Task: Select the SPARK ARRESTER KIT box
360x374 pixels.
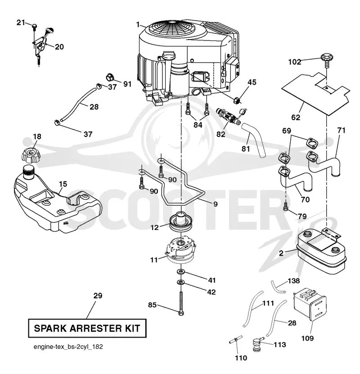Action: click(x=87, y=328)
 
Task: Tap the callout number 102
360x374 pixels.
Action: click(x=295, y=62)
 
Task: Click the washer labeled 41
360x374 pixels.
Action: click(x=181, y=271)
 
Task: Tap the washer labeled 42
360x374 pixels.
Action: click(x=181, y=282)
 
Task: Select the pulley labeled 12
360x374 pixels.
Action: click(x=180, y=222)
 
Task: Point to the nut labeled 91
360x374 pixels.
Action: click(x=110, y=77)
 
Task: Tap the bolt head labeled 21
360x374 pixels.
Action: click(x=35, y=26)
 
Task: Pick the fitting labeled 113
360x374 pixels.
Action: click(x=257, y=344)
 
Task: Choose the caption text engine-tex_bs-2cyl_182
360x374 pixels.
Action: click(x=68, y=347)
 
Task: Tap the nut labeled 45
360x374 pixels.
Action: click(x=237, y=100)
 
